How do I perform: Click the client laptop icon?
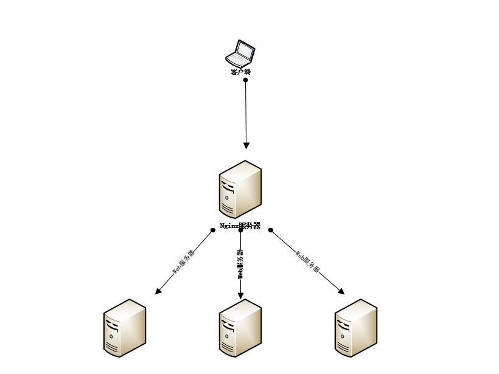[x=240, y=54]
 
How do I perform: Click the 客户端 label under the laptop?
[x=240, y=72]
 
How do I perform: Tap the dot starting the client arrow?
[x=246, y=80]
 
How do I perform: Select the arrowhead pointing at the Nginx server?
[x=246, y=145]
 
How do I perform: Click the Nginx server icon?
[x=240, y=189]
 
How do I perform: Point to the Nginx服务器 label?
[x=240, y=226]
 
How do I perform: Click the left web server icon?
[x=125, y=328]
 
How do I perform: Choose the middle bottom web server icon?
[x=240, y=328]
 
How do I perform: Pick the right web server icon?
[x=356, y=328]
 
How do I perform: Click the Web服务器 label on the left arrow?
[x=183, y=262]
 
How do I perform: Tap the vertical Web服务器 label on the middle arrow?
[x=240, y=264]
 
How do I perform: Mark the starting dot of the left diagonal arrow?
[x=213, y=230]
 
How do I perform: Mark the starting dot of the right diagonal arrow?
[x=271, y=230]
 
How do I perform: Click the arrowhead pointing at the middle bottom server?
[x=240, y=296]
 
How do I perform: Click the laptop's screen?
[x=245, y=50]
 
